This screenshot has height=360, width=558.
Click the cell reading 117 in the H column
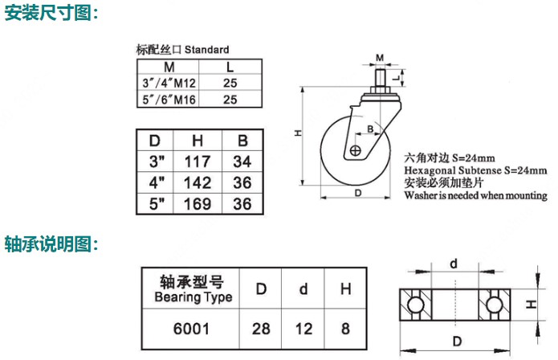(x=198, y=162)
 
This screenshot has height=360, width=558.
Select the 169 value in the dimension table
(x=198, y=204)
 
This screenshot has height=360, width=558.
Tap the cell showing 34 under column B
(x=242, y=162)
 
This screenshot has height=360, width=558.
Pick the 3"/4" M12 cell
(x=169, y=83)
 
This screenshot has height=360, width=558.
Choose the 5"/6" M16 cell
(x=169, y=100)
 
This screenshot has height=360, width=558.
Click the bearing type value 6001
(x=191, y=329)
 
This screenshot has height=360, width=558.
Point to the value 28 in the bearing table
(x=261, y=329)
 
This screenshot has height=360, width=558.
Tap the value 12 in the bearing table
(x=303, y=329)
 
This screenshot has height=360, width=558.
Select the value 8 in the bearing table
(x=345, y=329)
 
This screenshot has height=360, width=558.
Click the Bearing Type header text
(x=193, y=297)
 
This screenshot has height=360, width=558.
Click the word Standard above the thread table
(x=207, y=50)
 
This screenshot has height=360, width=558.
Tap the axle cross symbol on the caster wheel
(x=355, y=150)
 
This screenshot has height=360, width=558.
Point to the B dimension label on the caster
(x=370, y=129)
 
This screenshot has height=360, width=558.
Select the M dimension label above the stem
(x=380, y=58)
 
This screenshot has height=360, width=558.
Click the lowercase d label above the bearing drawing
(x=454, y=264)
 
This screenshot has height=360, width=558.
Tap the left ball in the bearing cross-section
(x=416, y=305)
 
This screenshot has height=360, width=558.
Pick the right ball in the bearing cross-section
(x=495, y=305)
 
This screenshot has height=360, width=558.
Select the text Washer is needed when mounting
(x=476, y=195)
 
